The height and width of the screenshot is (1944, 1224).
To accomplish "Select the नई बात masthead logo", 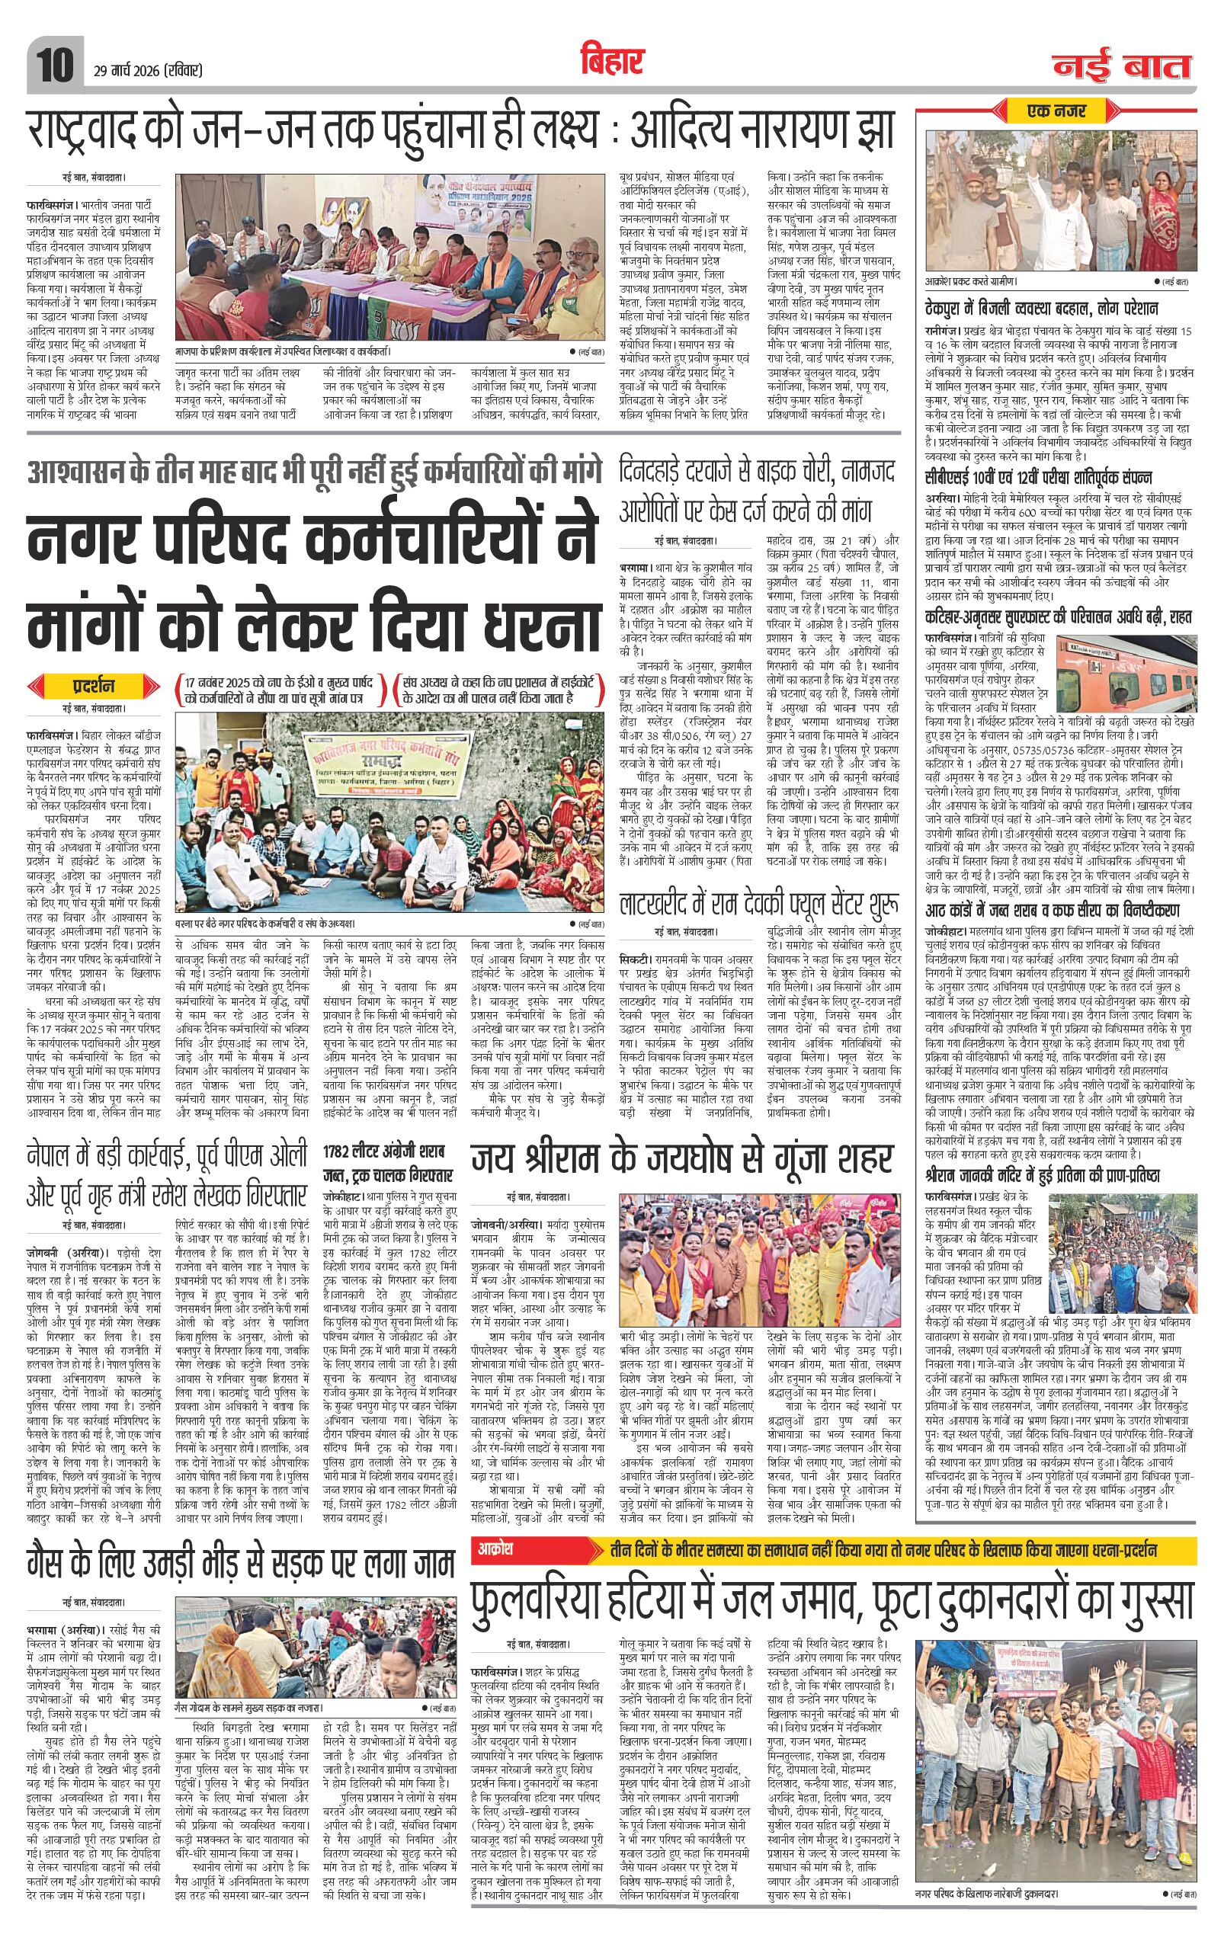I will (x=1121, y=65).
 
